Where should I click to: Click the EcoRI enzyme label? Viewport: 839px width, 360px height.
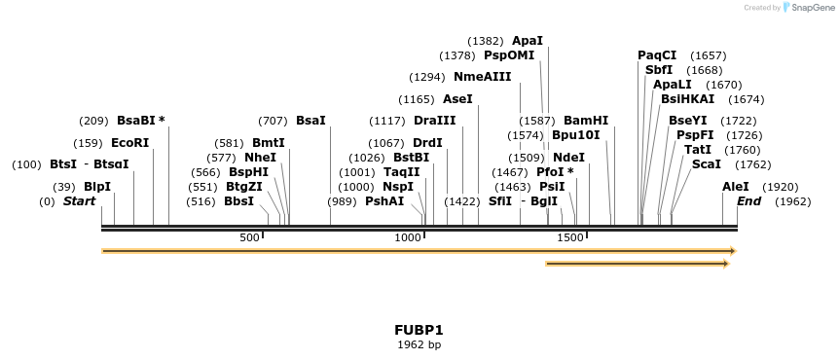point(130,143)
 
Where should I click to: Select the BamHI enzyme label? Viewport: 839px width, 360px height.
point(586,121)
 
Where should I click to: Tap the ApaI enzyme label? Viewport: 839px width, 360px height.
point(528,41)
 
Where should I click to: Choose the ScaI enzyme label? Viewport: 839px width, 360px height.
point(706,164)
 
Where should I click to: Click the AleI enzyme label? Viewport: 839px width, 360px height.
point(736,187)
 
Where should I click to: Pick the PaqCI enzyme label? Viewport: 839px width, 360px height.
point(657,55)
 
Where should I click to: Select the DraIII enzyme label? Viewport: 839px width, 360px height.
point(434,121)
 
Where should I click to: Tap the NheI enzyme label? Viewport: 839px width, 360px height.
point(260,158)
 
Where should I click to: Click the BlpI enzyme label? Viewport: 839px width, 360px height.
point(97,187)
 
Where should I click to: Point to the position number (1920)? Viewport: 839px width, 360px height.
point(780,187)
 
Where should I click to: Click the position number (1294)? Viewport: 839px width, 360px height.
point(427,77)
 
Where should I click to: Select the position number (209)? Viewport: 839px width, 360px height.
point(93,121)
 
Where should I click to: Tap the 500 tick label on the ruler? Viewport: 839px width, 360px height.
point(249,237)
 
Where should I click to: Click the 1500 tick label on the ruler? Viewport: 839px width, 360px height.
point(570,237)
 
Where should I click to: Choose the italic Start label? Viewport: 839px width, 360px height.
point(79,201)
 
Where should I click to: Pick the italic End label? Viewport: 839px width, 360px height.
point(748,201)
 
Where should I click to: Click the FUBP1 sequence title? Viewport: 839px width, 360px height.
point(419,330)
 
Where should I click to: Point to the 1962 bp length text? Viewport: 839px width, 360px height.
point(419,344)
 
